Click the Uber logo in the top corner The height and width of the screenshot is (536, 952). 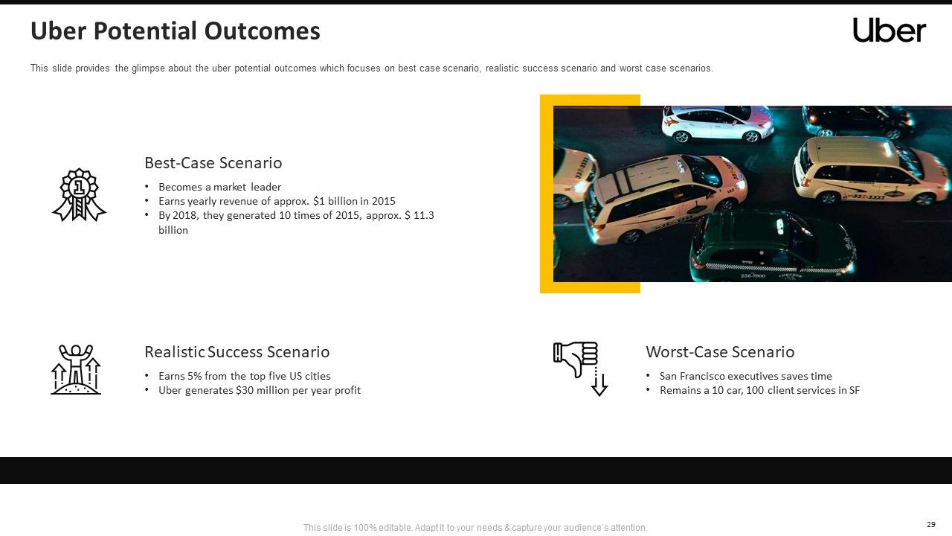point(889,31)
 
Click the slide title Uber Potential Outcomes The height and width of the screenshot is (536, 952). point(175,31)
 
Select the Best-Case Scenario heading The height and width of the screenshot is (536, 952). point(213,163)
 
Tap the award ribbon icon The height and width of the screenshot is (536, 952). point(79,195)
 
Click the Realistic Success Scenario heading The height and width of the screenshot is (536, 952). point(237,352)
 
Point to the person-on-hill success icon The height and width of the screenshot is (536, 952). point(76,369)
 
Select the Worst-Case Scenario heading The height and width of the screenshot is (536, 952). point(719,352)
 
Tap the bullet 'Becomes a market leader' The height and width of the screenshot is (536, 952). point(219,187)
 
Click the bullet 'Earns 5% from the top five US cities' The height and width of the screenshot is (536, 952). point(244,376)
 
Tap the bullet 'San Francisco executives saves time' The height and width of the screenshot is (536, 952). point(745,376)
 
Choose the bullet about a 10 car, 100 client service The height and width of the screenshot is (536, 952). point(759,390)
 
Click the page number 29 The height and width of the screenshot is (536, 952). point(930,524)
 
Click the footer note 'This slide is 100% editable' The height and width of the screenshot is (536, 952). point(475,528)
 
